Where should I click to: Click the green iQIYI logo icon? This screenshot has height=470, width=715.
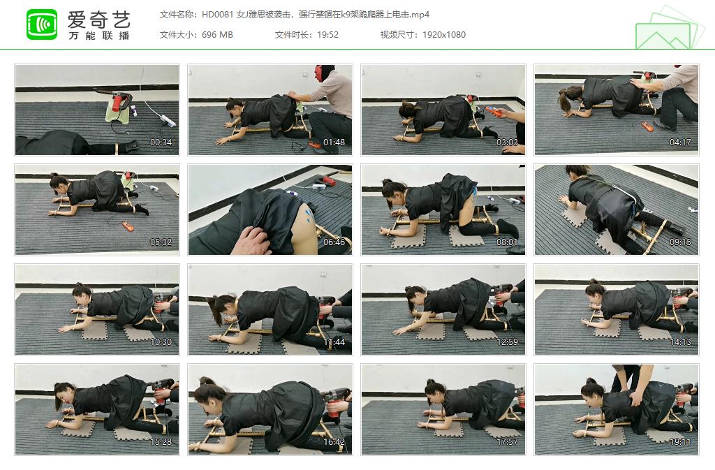(42, 24)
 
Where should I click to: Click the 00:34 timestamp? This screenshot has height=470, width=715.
(161, 142)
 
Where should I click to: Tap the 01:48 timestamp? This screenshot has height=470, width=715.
(334, 142)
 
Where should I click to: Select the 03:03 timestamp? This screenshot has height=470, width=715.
(507, 142)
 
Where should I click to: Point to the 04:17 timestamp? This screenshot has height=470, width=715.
(680, 142)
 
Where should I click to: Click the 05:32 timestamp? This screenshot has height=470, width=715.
(161, 242)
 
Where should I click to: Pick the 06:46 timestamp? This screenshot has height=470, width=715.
(334, 242)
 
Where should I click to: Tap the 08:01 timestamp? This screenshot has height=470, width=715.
(507, 242)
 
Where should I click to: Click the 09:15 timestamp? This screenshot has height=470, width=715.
(680, 242)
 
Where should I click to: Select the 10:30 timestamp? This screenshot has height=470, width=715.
(161, 342)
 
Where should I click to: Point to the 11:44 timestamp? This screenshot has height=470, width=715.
(334, 342)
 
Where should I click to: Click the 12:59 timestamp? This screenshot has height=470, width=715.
(507, 342)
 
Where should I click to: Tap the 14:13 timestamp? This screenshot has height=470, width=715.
(680, 342)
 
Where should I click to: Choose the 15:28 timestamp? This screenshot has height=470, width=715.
(161, 442)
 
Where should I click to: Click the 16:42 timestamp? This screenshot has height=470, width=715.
(334, 442)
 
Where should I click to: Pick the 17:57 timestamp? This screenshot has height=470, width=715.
(507, 442)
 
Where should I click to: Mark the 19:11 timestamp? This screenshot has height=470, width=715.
(680, 442)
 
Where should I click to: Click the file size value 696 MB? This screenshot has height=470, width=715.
(217, 35)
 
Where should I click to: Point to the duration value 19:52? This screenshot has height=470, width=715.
(328, 35)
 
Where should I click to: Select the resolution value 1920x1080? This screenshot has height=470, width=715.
(444, 35)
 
